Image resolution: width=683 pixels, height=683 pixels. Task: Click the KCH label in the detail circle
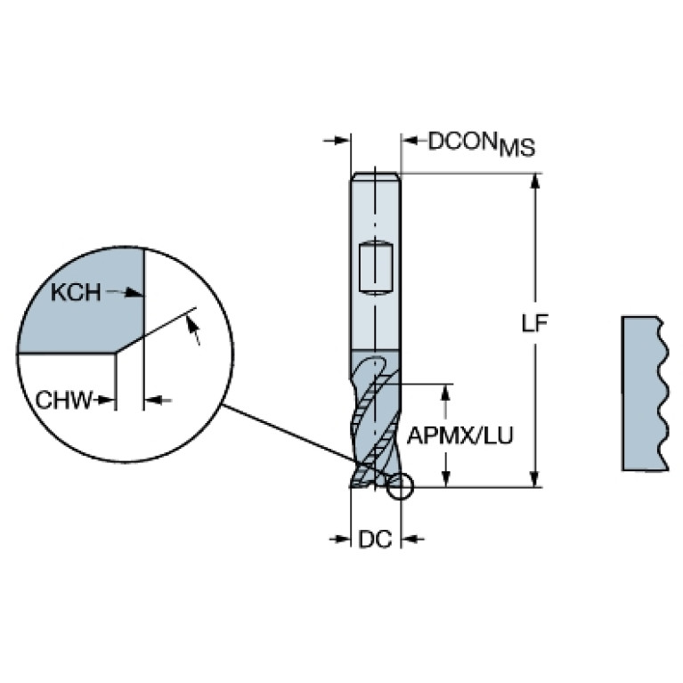[x=76, y=292]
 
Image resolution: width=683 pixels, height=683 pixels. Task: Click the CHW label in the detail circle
[x=64, y=400]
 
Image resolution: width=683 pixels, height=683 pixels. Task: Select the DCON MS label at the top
[x=482, y=143]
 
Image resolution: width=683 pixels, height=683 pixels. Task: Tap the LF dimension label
[x=534, y=322]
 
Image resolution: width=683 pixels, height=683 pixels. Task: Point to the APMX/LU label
[x=460, y=435]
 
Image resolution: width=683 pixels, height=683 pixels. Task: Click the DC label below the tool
[x=375, y=540]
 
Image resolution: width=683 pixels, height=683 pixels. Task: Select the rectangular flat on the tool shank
[x=376, y=268]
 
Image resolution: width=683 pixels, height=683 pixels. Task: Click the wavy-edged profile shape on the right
[x=645, y=394]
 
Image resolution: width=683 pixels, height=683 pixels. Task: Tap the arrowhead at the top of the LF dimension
[x=536, y=181]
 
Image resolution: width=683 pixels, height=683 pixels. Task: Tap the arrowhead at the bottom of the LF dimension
[x=536, y=479]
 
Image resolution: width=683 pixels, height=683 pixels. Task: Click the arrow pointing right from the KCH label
[x=125, y=293]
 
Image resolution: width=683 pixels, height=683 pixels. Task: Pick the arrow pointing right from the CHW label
[x=105, y=400]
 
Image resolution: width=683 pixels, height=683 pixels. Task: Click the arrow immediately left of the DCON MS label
[x=413, y=141]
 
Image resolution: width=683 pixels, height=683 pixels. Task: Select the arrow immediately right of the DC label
[x=412, y=540]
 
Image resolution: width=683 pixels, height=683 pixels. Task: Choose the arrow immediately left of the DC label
[x=340, y=540]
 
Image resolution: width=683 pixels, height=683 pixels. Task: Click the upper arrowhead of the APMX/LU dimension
[x=445, y=392]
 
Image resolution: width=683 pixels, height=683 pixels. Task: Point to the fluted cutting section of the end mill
[x=376, y=419]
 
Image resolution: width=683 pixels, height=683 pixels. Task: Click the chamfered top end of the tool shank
[x=376, y=175]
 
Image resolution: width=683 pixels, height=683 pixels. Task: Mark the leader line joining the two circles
[x=305, y=439]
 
